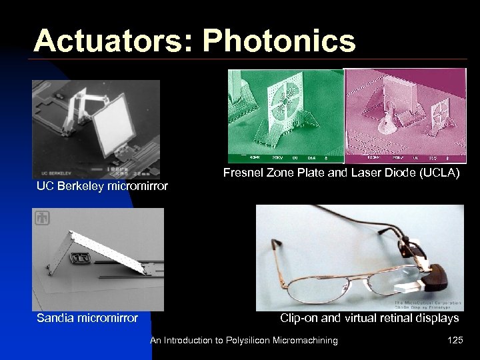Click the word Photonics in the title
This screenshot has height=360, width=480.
(279, 41)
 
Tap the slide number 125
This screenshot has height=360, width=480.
(455, 341)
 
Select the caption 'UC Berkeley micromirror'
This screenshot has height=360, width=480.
(102, 186)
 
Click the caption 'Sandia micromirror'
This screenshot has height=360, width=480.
(87, 318)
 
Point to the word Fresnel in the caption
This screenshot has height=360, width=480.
(244, 173)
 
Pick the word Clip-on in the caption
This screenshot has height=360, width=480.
(299, 318)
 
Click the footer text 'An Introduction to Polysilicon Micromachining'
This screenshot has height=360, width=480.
(244, 341)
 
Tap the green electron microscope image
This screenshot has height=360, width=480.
(285, 115)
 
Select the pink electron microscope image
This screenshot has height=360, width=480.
(405, 115)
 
